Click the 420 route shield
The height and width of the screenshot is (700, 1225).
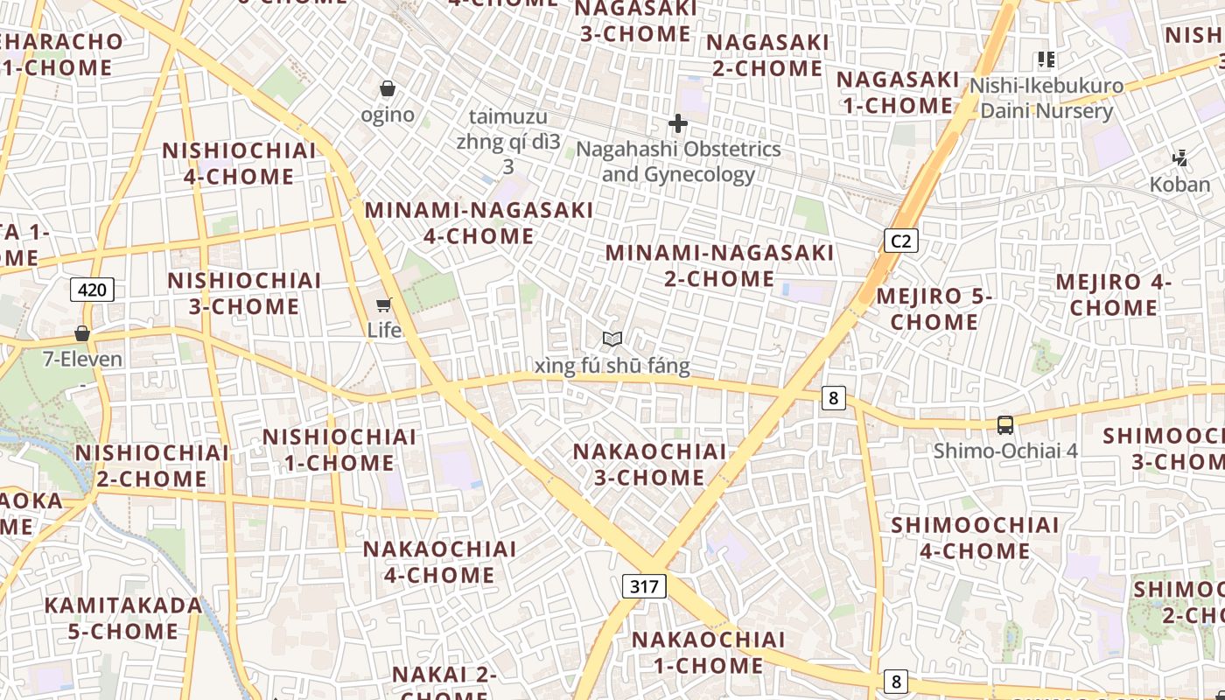(92, 290)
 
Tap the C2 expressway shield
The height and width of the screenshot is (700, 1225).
(900, 240)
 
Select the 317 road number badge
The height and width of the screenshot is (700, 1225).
(644, 586)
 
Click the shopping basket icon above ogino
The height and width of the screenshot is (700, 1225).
(388, 89)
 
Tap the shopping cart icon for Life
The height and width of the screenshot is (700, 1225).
(383, 304)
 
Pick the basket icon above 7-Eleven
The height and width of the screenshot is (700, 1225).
(82, 333)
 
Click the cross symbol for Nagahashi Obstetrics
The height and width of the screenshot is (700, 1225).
(677, 123)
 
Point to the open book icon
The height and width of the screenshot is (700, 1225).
(612, 339)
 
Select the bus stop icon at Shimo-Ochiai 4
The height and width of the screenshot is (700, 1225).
(1005, 425)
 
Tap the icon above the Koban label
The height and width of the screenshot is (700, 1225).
(1180, 158)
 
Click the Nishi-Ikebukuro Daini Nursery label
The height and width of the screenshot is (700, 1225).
(1046, 98)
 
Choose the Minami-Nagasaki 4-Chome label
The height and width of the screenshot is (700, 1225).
(479, 223)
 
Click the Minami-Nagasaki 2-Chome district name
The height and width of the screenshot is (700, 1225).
(720, 266)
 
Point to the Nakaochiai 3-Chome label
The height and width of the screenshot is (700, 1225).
(649, 465)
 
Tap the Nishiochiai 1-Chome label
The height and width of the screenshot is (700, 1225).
(339, 449)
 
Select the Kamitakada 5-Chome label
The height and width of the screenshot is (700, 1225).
(123, 618)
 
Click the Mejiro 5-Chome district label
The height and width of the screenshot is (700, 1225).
(934, 309)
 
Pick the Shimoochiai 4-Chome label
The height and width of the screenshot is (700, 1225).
(975, 538)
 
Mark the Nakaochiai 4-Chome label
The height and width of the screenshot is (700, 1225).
(440, 562)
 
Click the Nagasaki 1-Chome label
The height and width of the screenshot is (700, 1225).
(898, 93)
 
